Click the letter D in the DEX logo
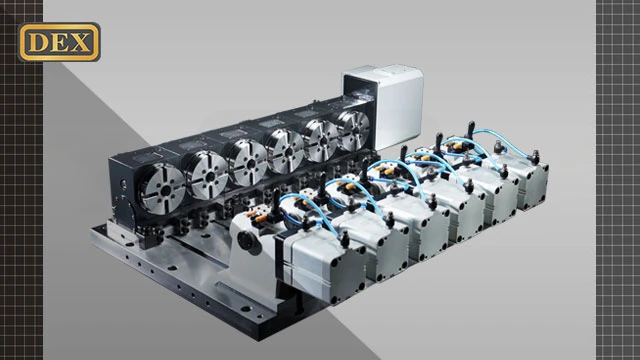[x=37, y=42]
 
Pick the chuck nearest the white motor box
[x=353, y=131]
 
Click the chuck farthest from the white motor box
[x=162, y=188]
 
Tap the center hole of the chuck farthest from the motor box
[x=165, y=191]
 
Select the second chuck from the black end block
[x=206, y=175]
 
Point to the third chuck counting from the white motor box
[x=285, y=150]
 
